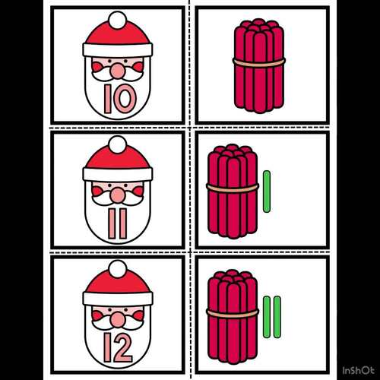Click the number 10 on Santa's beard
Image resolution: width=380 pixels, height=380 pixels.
click(119, 97)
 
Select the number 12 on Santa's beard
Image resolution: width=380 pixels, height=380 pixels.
click(119, 347)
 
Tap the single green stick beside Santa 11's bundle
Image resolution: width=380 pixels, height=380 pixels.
click(266, 192)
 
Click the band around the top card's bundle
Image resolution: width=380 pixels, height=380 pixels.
click(258, 61)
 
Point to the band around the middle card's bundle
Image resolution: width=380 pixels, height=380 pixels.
click(233, 187)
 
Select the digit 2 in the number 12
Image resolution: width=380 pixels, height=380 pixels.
click(125, 347)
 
